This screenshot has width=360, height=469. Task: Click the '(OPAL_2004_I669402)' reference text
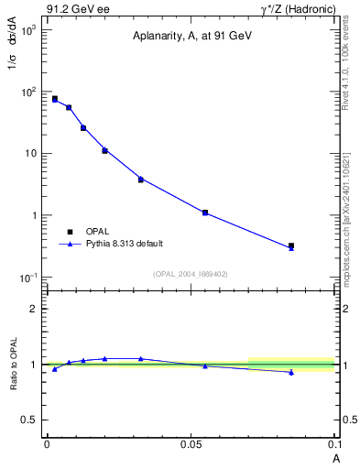click(x=190, y=272)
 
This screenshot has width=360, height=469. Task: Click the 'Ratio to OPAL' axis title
click(x=13, y=365)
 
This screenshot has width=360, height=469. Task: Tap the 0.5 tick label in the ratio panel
click(x=29, y=420)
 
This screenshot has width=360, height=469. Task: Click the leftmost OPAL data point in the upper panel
click(x=55, y=98)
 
